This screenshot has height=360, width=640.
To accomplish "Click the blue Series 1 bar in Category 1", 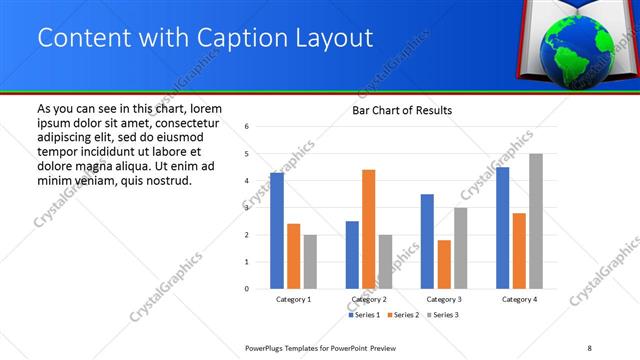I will pos(276,231).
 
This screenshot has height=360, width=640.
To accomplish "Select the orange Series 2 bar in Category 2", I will pos(368,229).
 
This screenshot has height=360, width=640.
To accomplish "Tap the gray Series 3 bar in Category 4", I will pos(535,221).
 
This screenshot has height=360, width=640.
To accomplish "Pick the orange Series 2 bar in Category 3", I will pos(444,264).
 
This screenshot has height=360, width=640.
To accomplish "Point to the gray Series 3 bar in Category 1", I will pos(310,262).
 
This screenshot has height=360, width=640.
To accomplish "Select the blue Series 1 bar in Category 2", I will pos(352,255).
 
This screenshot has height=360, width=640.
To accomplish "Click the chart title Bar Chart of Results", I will pos(401,110).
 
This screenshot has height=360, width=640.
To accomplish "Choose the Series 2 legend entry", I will pos(404,315).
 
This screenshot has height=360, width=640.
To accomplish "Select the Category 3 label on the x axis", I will pos(443,299).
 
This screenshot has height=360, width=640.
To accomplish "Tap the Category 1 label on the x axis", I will pos(293,299).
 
